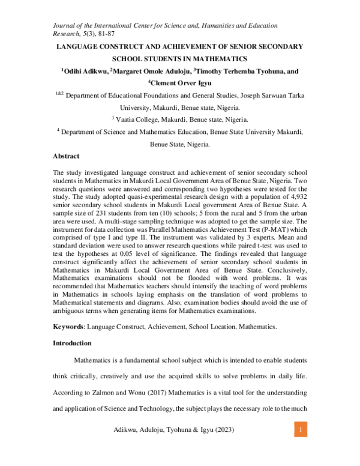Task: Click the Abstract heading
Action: pyautogui.click(x=66, y=156)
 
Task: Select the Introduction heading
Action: pyautogui.click(x=72, y=343)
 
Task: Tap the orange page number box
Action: pyautogui.click(x=302, y=431)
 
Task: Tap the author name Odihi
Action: pyautogui.click(x=76, y=71)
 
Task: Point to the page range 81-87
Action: pyautogui.click(x=107, y=34)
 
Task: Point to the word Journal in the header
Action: pyautogui.click(x=66, y=25)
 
